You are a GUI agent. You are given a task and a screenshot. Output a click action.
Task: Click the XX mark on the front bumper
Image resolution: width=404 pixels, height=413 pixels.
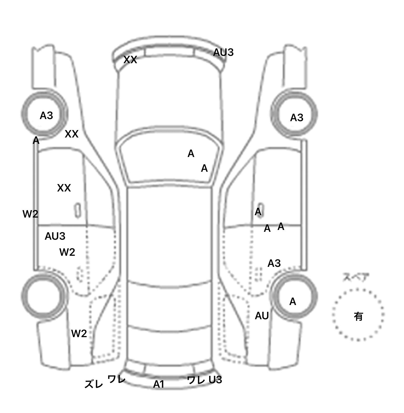tap(130, 60)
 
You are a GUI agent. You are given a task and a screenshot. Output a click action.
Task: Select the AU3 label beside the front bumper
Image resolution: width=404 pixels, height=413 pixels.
tap(223, 52)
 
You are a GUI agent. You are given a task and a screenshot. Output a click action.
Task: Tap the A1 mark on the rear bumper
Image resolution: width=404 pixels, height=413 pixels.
tap(159, 385)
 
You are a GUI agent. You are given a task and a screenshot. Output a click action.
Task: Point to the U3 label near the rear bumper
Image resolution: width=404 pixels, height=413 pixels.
tap(215, 380)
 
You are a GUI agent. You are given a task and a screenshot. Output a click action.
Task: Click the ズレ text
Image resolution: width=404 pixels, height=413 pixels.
tap(94, 384)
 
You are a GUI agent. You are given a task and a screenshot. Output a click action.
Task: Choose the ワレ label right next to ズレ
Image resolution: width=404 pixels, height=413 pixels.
tap(116, 379)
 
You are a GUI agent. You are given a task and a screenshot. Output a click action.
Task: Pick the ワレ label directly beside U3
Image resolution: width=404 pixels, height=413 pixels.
tap(196, 380)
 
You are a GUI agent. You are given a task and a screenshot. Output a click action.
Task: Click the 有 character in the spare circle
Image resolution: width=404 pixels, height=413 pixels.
tap(358, 316)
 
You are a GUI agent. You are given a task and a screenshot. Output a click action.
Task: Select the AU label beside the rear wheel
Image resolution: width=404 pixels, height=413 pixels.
tap(262, 316)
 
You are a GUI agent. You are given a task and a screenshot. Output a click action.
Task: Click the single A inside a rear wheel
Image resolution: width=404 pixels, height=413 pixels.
tap(292, 302)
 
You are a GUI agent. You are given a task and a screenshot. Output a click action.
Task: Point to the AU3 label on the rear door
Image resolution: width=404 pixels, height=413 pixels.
tap(55, 236)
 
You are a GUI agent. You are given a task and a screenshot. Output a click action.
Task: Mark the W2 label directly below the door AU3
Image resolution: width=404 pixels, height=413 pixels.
tap(67, 252)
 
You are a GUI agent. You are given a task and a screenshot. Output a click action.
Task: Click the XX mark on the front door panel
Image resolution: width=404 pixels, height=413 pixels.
tap(64, 188)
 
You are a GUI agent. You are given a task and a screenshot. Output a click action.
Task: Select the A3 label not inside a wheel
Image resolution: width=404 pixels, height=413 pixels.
tap(274, 263)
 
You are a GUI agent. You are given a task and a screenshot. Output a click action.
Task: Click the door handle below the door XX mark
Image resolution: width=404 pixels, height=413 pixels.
tap(78, 210)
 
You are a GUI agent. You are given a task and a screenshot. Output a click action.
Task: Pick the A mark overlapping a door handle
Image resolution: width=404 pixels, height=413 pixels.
tap(258, 212)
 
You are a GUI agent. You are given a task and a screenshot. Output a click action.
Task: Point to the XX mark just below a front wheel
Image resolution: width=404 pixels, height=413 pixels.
tap(72, 134)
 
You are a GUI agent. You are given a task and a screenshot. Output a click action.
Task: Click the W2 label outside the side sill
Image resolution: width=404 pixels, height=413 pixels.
tap(30, 214)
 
